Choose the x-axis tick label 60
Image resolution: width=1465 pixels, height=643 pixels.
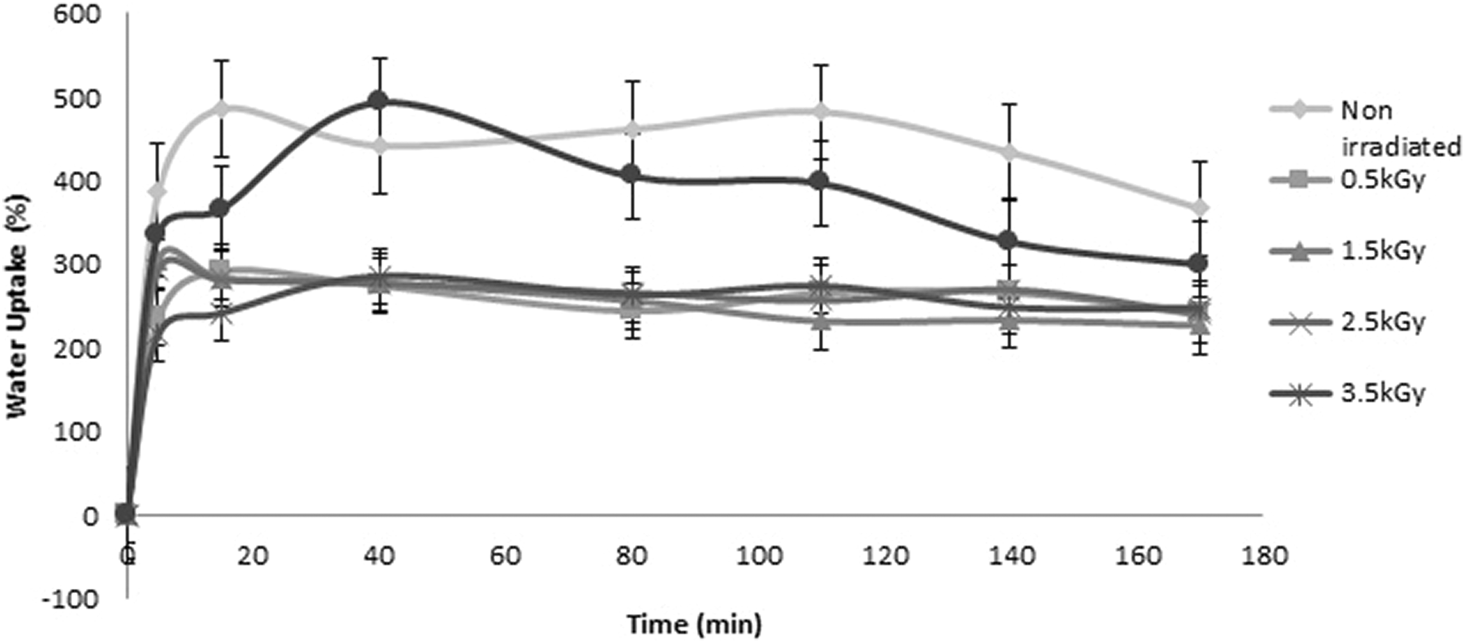pyautogui.click(x=505, y=556)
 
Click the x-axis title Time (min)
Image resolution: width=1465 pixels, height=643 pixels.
pyautogui.click(x=694, y=625)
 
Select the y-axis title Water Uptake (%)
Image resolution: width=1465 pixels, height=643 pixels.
pyautogui.click(x=17, y=308)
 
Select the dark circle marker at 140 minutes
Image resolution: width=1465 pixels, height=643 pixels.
pyautogui.click(x=1008, y=240)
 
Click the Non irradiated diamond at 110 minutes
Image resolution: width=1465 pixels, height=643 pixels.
pyautogui.click(x=820, y=112)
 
